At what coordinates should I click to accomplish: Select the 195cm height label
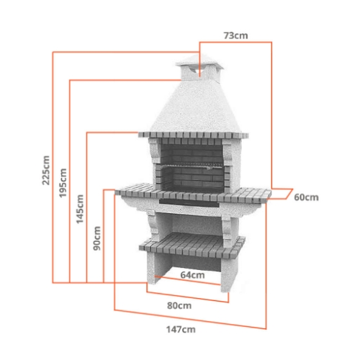coord(63,184)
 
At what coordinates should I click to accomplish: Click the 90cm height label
coord(96,236)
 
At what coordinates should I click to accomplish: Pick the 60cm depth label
coord(306,197)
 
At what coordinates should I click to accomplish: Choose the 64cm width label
coord(191,274)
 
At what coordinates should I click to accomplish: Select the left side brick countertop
coord(138,191)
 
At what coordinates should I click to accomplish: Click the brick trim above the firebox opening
coord(190,135)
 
